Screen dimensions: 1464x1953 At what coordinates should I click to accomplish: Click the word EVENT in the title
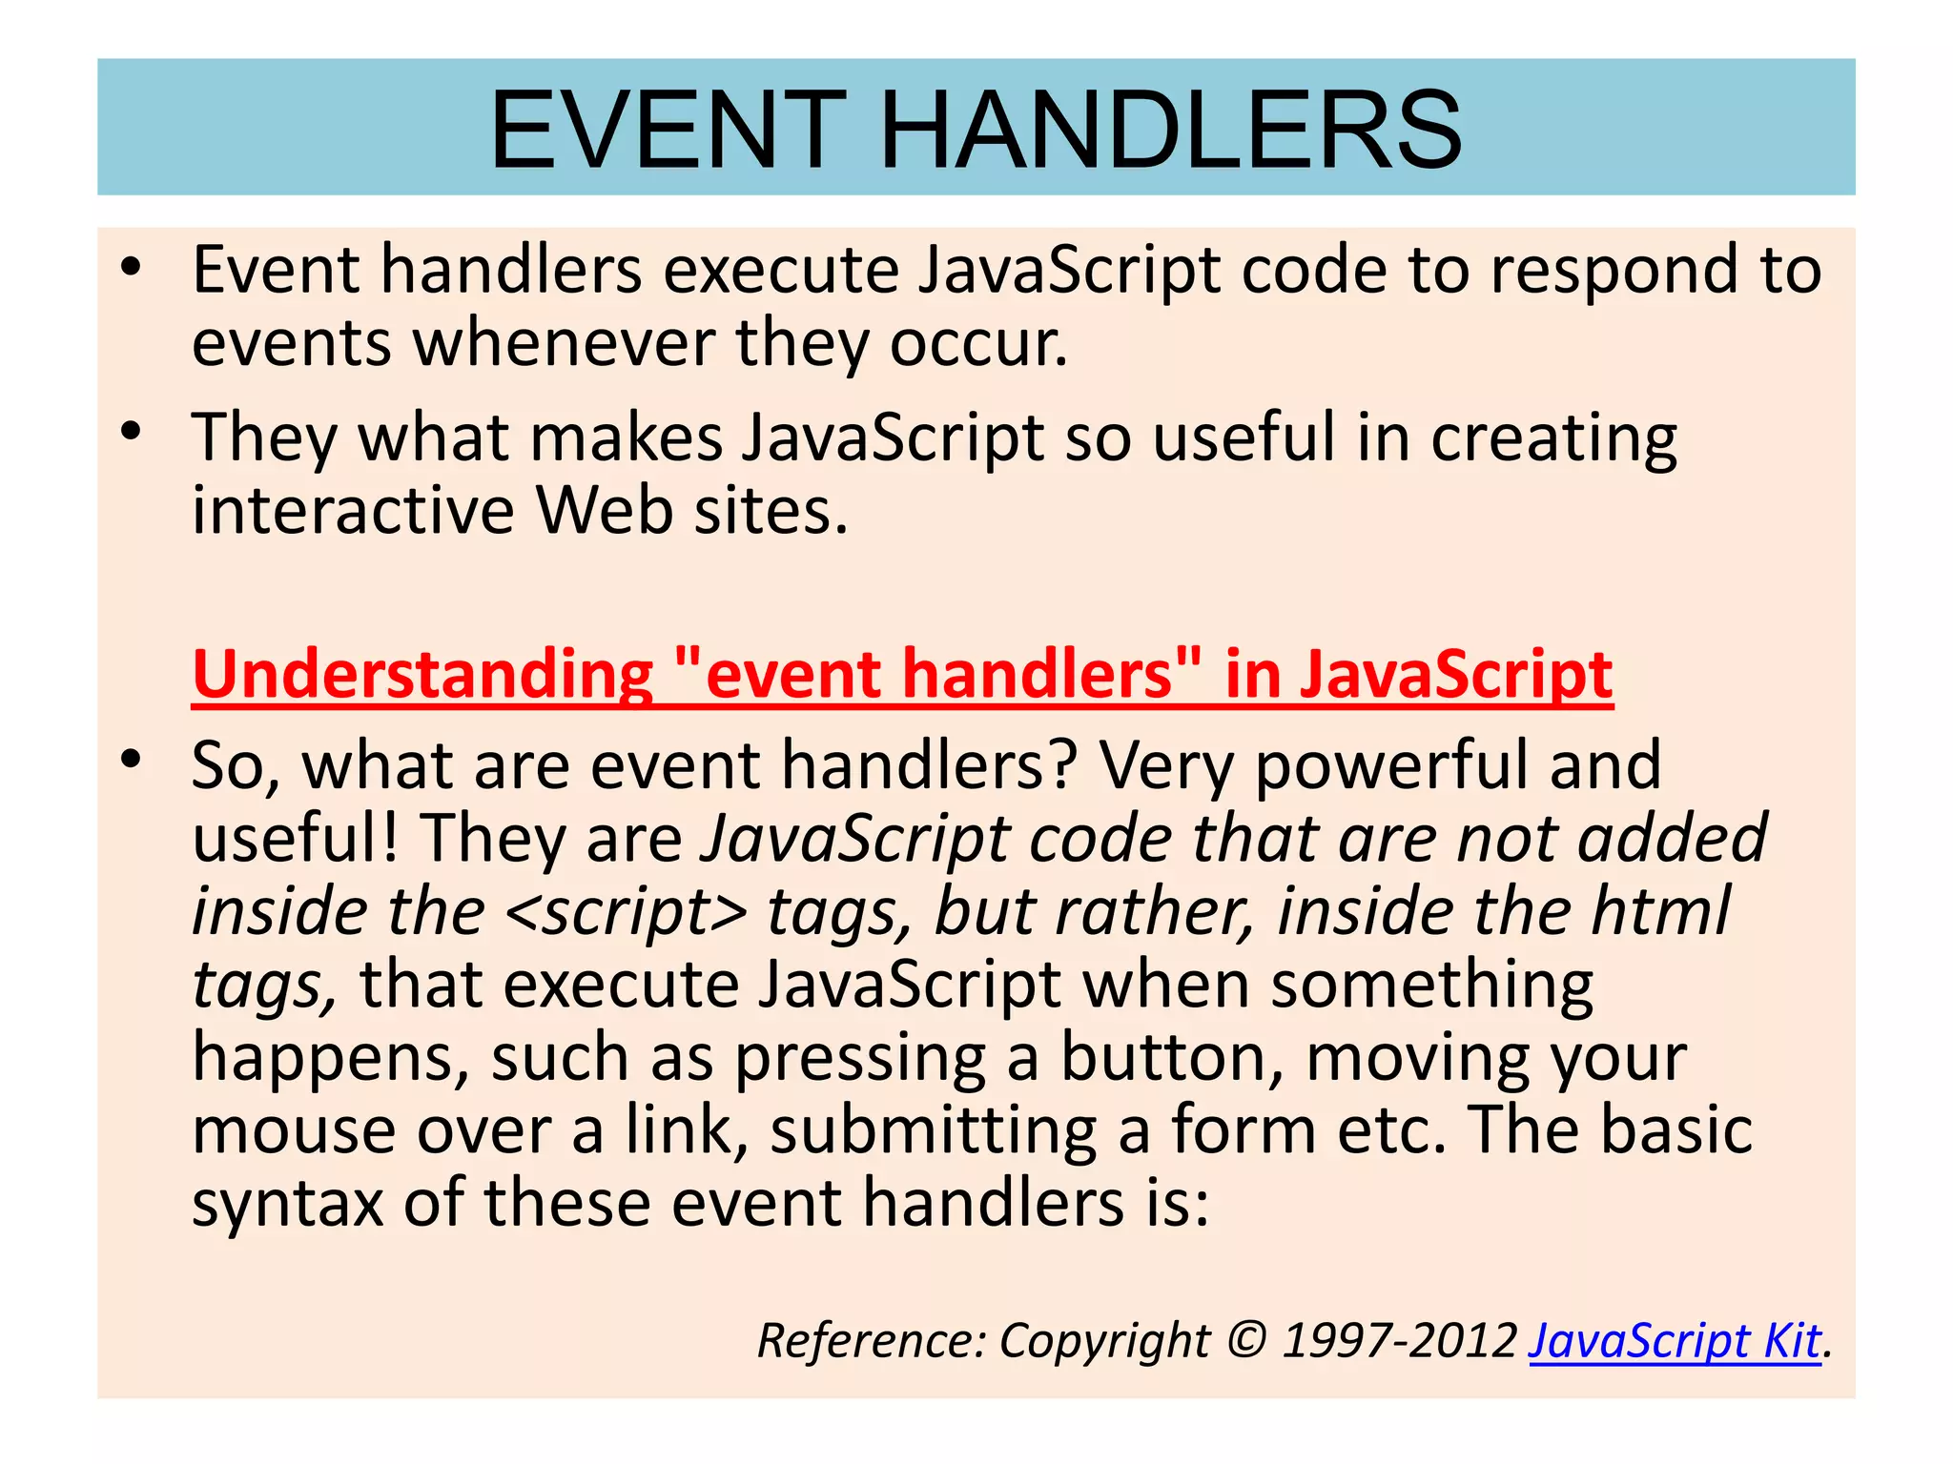pos(668,130)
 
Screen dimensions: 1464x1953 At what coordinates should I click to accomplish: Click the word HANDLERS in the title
pos(1170,130)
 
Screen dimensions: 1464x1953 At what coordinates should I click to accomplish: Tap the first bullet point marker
pos(132,268)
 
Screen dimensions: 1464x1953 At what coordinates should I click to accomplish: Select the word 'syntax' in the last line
pos(287,1205)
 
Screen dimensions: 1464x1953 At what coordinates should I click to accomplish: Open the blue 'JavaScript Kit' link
pos(1675,1341)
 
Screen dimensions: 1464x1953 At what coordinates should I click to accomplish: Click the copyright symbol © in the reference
pos(1245,1341)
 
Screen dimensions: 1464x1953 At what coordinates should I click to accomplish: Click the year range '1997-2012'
pos(1399,1341)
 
